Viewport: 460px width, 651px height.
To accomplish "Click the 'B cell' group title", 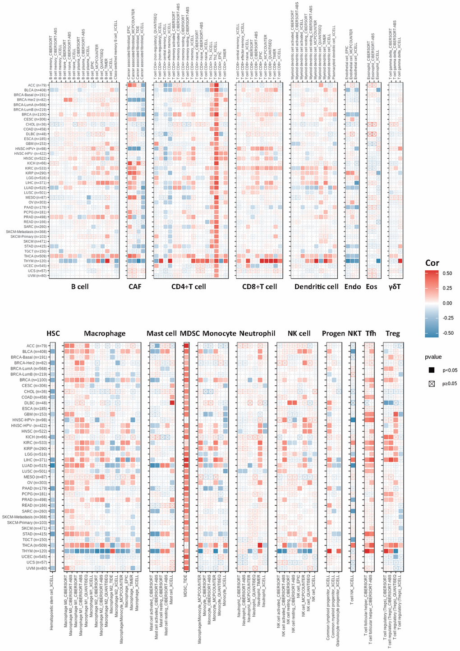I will click(x=80, y=286).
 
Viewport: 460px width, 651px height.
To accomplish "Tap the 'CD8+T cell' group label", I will click(x=259, y=286).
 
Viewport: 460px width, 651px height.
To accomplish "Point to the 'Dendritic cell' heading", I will click(x=316, y=286).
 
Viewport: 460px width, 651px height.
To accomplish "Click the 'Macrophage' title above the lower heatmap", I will click(x=105, y=333).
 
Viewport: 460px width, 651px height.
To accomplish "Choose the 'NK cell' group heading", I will click(x=299, y=333).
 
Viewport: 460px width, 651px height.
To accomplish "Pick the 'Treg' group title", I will click(x=392, y=333).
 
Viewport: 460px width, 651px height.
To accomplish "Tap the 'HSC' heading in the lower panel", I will click(x=53, y=333).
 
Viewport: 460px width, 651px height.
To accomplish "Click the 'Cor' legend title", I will click(x=432, y=263).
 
